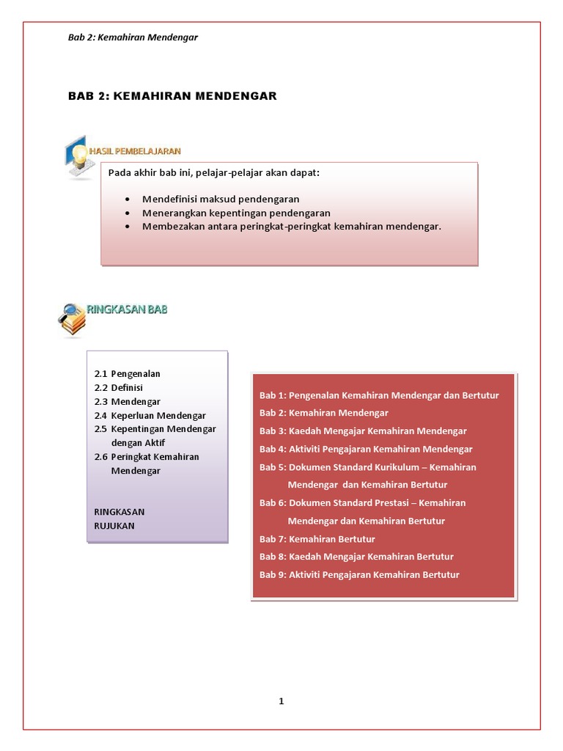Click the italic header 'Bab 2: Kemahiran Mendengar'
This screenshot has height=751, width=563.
click(133, 37)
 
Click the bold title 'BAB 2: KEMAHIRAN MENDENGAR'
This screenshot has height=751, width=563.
click(172, 96)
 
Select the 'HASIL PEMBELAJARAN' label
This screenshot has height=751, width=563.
click(135, 151)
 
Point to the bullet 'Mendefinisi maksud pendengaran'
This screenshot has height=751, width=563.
click(221, 199)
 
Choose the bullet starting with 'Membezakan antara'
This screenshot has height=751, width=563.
click(292, 227)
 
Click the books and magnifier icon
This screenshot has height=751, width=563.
click(72, 320)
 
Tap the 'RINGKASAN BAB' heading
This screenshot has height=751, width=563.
click(128, 309)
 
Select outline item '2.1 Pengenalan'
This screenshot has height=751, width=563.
click(127, 373)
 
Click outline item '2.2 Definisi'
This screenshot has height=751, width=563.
click(118, 387)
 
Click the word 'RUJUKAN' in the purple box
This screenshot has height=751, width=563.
click(114, 525)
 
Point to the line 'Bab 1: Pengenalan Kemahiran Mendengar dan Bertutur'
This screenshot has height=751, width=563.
click(379, 395)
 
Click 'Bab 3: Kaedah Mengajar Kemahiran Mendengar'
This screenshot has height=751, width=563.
click(363, 431)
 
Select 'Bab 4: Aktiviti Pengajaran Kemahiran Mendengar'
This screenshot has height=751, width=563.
click(366, 449)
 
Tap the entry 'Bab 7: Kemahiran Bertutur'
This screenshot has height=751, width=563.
click(317, 539)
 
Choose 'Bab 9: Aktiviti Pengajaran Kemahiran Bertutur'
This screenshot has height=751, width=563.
click(359, 575)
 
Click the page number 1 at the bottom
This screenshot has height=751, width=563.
click(281, 701)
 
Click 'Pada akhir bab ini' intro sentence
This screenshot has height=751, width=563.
click(214, 173)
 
